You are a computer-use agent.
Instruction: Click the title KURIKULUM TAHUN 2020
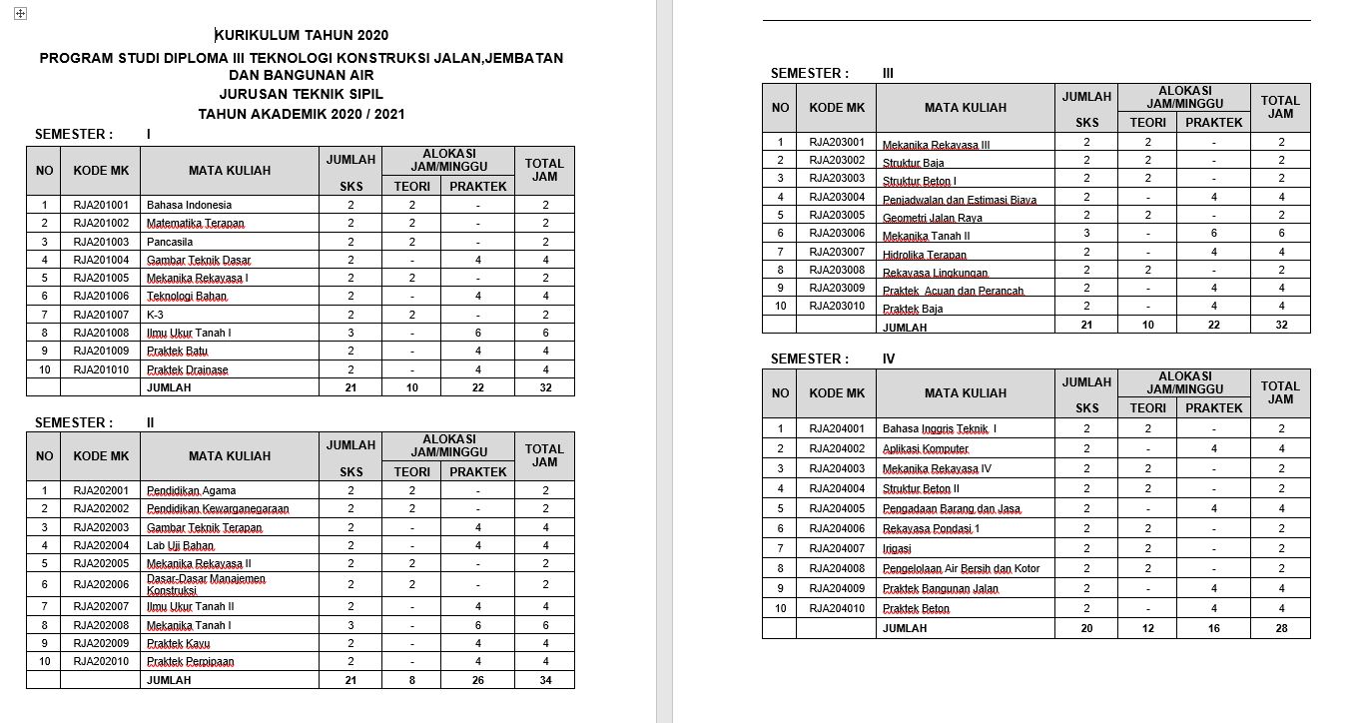coord(302,36)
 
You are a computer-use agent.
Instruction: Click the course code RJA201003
coord(101,242)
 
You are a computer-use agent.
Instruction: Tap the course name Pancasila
coord(170,242)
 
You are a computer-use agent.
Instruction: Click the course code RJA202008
coord(101,625)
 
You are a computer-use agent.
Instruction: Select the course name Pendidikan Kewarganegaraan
coord(218,509)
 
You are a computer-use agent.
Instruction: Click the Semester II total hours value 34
coord(545,680)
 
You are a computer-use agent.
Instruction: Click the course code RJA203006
coord(837,233)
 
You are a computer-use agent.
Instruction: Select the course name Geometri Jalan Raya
coord(933,216)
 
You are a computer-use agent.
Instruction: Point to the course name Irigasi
coord(897,549)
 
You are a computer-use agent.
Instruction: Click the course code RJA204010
coord(837,608)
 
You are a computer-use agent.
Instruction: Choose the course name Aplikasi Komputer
coord(926,449)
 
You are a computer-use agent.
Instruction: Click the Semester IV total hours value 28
coord(1281,628)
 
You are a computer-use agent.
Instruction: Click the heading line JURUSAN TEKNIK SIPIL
coord(301,95)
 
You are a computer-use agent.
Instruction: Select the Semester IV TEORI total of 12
coord(1147,628)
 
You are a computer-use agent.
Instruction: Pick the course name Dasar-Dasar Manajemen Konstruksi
coord(207,584)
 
